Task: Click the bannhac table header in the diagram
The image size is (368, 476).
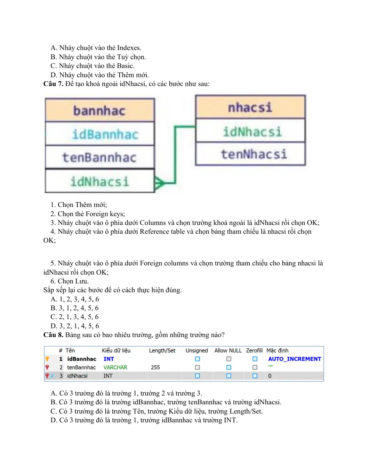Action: (x=100, y=110)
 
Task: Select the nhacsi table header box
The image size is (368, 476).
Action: (x=250, y=107)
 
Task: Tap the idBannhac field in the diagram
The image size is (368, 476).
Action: (x=105, y=134)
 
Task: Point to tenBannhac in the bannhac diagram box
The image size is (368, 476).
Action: (x=100, y=157)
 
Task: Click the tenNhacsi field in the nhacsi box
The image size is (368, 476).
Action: (x=254, y=154)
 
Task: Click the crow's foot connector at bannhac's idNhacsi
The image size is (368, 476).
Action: (x=159, y=183)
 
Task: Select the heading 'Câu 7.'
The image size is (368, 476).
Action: (x=53, y=84)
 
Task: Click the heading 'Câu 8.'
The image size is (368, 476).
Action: (x=53, y=335)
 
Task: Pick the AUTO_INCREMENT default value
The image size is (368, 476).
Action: (x=294, y=359)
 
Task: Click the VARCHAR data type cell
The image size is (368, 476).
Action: (x=115, y=367)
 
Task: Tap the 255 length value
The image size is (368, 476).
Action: (x=155, y=367)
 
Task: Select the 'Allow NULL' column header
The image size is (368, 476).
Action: (x=228, y=351)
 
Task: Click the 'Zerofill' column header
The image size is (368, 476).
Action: (x=254, y=351)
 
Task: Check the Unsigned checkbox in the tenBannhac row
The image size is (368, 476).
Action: (x=197, y=367)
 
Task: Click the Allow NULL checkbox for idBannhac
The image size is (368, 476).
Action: (x=229, y=359)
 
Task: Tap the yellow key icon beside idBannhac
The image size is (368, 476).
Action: (x=47, y=359)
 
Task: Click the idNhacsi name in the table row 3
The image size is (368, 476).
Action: (x=77, y=376)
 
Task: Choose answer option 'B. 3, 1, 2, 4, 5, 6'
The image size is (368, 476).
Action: (x=75, y=308)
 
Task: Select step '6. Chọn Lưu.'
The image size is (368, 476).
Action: (x=70, y=281)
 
